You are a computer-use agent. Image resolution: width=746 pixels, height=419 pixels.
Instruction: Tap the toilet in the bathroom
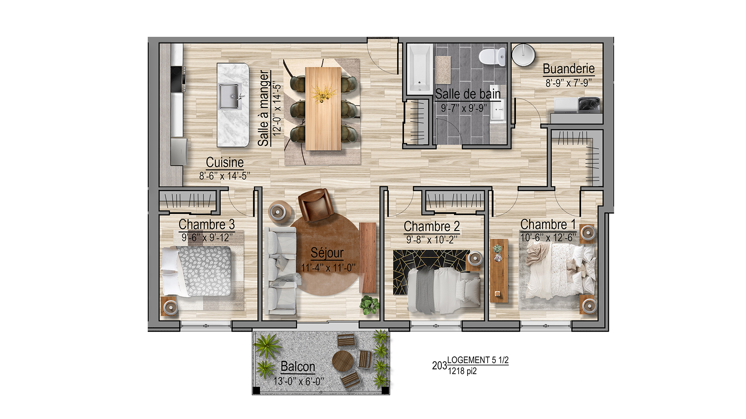[x=492, y=57]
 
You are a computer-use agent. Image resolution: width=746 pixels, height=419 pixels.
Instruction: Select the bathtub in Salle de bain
[x=420, y=69]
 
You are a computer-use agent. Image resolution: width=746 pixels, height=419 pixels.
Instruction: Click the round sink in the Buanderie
[x=523, y=54]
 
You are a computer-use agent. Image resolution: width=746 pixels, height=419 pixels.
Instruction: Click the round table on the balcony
[x=343, y=361]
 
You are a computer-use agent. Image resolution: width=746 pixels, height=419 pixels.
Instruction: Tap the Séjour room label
[x=327, y=252]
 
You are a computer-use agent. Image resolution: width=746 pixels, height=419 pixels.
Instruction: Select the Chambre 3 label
[x=206, y=224]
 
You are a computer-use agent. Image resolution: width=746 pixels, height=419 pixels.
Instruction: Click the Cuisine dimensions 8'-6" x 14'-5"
[x=225, y=176]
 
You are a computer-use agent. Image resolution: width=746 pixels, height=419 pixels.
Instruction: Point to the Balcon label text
[x=298, y=367]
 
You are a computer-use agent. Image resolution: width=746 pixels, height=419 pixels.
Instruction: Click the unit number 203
[x=439, y=366]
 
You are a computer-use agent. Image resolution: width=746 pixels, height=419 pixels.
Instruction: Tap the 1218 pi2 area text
[x=462, y=371]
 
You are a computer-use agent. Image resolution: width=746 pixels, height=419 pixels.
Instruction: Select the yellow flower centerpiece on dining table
[x=323, y=94]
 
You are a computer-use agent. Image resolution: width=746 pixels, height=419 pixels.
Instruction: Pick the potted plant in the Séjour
[x=369, y=305]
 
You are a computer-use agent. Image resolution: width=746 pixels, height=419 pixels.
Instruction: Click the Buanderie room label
[x=569, y=69]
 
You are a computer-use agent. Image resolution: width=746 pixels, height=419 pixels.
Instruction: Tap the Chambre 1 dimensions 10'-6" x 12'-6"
[x=548, y=238]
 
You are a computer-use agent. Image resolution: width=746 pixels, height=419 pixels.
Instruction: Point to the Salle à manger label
[x=264, y=108]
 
